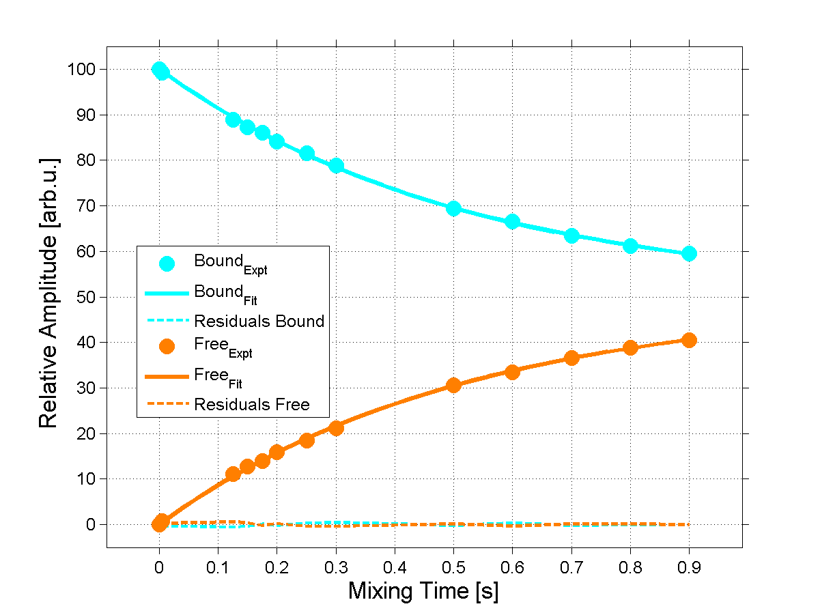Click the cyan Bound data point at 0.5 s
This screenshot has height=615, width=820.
pyautogui.click(x=453, y=208)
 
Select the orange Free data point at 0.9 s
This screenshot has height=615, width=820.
pyautogui.click(x=689, y=340)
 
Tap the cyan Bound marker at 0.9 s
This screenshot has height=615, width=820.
pyautogui.click(x=689, y=254)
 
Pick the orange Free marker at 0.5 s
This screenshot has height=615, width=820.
pyautogui.click(x=453, y=385)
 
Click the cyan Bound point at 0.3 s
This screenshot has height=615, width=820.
pyautogui.click(x=336, y=166)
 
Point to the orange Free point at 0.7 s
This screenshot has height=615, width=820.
pyautogui.click(x=571, y=358)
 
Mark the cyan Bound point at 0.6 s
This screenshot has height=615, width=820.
pyautogui.click(x=512, y=222)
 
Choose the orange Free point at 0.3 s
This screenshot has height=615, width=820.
pyautogui.click(x=336, y=428)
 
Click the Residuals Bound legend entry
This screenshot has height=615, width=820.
pyautogui.click(x=259, y=321)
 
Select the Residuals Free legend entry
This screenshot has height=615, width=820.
pyautogui.click(x=251, y=405)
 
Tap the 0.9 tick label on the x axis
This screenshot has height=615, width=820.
pyautogui.click(x=689, y=567)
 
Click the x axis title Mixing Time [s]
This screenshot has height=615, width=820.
pyautogui.click(x=423, y=591)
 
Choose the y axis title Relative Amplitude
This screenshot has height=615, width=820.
pyautogui.click(x=48, y=292)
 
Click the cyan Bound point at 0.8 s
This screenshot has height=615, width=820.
pyautogui.click(x=630, y=246)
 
